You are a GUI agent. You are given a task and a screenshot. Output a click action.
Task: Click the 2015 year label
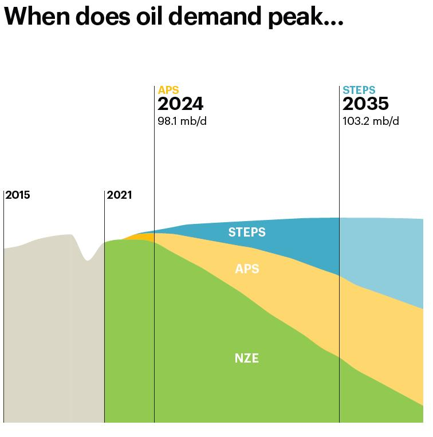pos(18,195)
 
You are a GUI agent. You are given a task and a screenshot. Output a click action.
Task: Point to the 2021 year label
pos(119,195)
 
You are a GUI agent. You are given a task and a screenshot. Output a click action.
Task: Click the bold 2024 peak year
pos(180,104)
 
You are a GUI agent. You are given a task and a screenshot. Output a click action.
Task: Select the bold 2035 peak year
pos(365,104)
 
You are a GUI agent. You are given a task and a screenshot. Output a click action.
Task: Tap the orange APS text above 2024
pos(168,90)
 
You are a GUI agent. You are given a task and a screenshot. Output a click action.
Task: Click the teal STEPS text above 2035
pos(359,90)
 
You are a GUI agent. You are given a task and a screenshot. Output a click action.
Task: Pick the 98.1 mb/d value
pos(182,121)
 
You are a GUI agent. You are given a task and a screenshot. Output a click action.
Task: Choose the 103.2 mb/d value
pos(371,121)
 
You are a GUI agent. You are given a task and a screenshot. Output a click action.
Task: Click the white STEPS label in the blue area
pos(247,232)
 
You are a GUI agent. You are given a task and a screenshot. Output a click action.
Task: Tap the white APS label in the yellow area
pos(247,269)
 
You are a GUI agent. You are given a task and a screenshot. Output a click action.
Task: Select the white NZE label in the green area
pos(247,359)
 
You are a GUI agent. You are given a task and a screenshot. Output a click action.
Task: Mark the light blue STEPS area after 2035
pos(384,252)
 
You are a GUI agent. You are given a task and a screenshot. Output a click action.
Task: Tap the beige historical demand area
pos(46,332)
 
